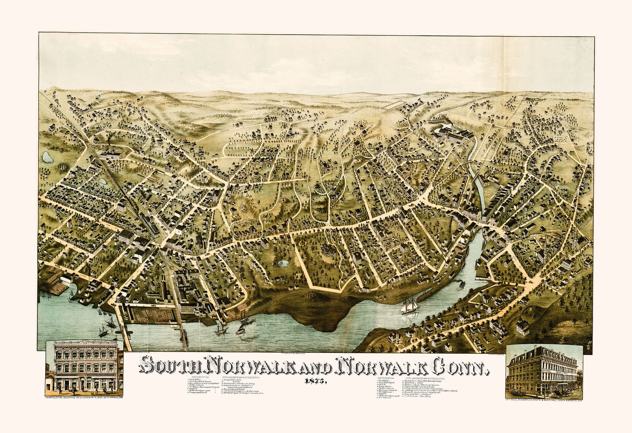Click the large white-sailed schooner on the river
pyautogui.click(x=410, y=306)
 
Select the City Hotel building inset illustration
pyautogui.click(x=543, y=370)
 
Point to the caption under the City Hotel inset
pyautogui.click(x=544, y=399)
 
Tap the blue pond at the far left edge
pyautogui.click(x=47, y=157)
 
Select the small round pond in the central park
pyautogui.click(x=283, y=263)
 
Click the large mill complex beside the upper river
pyautogui.click(x=454, y=136)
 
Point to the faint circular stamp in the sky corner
pyautogui.click(x=584, y=45)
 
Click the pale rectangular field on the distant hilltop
pyautogui.click(x=396, y=105)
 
